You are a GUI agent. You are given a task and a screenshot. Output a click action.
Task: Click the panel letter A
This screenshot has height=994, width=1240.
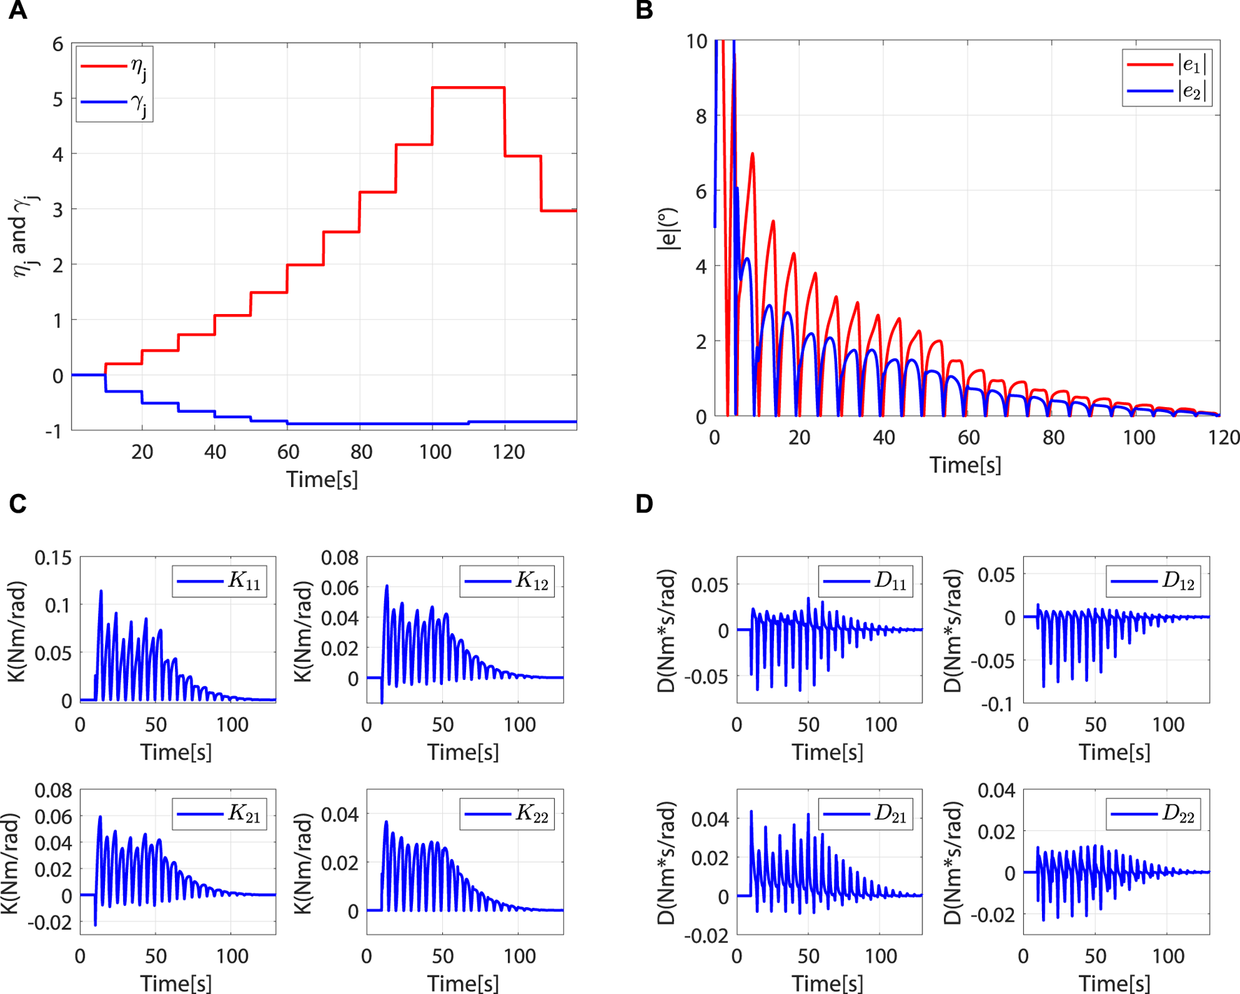pos(17,10)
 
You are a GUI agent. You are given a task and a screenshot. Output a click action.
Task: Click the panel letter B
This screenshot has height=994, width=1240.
pos(644,10)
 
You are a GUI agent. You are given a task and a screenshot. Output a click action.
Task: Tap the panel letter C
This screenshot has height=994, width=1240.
pos(17,504)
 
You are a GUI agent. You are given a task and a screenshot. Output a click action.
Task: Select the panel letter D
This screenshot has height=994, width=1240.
pos(644,504)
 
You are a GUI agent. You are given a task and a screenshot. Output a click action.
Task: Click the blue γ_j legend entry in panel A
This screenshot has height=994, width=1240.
pos(114,102)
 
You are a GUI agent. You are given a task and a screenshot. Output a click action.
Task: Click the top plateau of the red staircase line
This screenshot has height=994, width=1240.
pos(468,87)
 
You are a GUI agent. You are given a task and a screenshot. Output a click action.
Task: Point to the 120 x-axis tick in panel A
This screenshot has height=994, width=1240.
pos(508,452)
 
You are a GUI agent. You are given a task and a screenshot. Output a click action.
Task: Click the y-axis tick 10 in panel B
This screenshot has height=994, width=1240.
pos(697,42)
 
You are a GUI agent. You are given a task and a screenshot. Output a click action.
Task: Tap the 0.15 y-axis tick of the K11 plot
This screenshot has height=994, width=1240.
pos(53,558)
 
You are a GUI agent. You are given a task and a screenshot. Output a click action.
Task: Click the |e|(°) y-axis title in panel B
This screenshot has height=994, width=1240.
pos(669,229)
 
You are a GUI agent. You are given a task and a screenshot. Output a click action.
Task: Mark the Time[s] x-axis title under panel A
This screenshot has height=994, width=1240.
pos(322,480)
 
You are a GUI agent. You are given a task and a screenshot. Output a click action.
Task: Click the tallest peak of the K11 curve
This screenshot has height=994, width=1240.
pos(101,591)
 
